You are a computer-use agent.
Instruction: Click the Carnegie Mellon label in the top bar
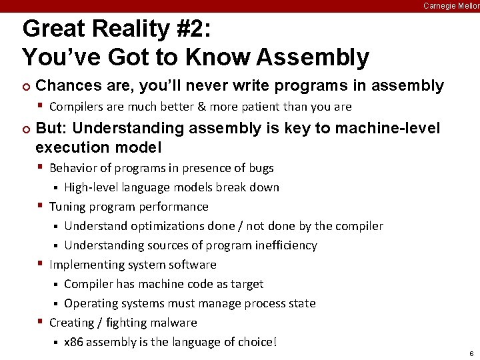click(x=451, y=6)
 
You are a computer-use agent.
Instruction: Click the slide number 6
click(x=471, y=353)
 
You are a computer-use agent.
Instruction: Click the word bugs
click(x=261, y=168)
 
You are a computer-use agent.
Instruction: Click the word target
click(x=247, y=284)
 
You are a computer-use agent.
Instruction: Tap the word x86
click(x=73, y=343)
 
